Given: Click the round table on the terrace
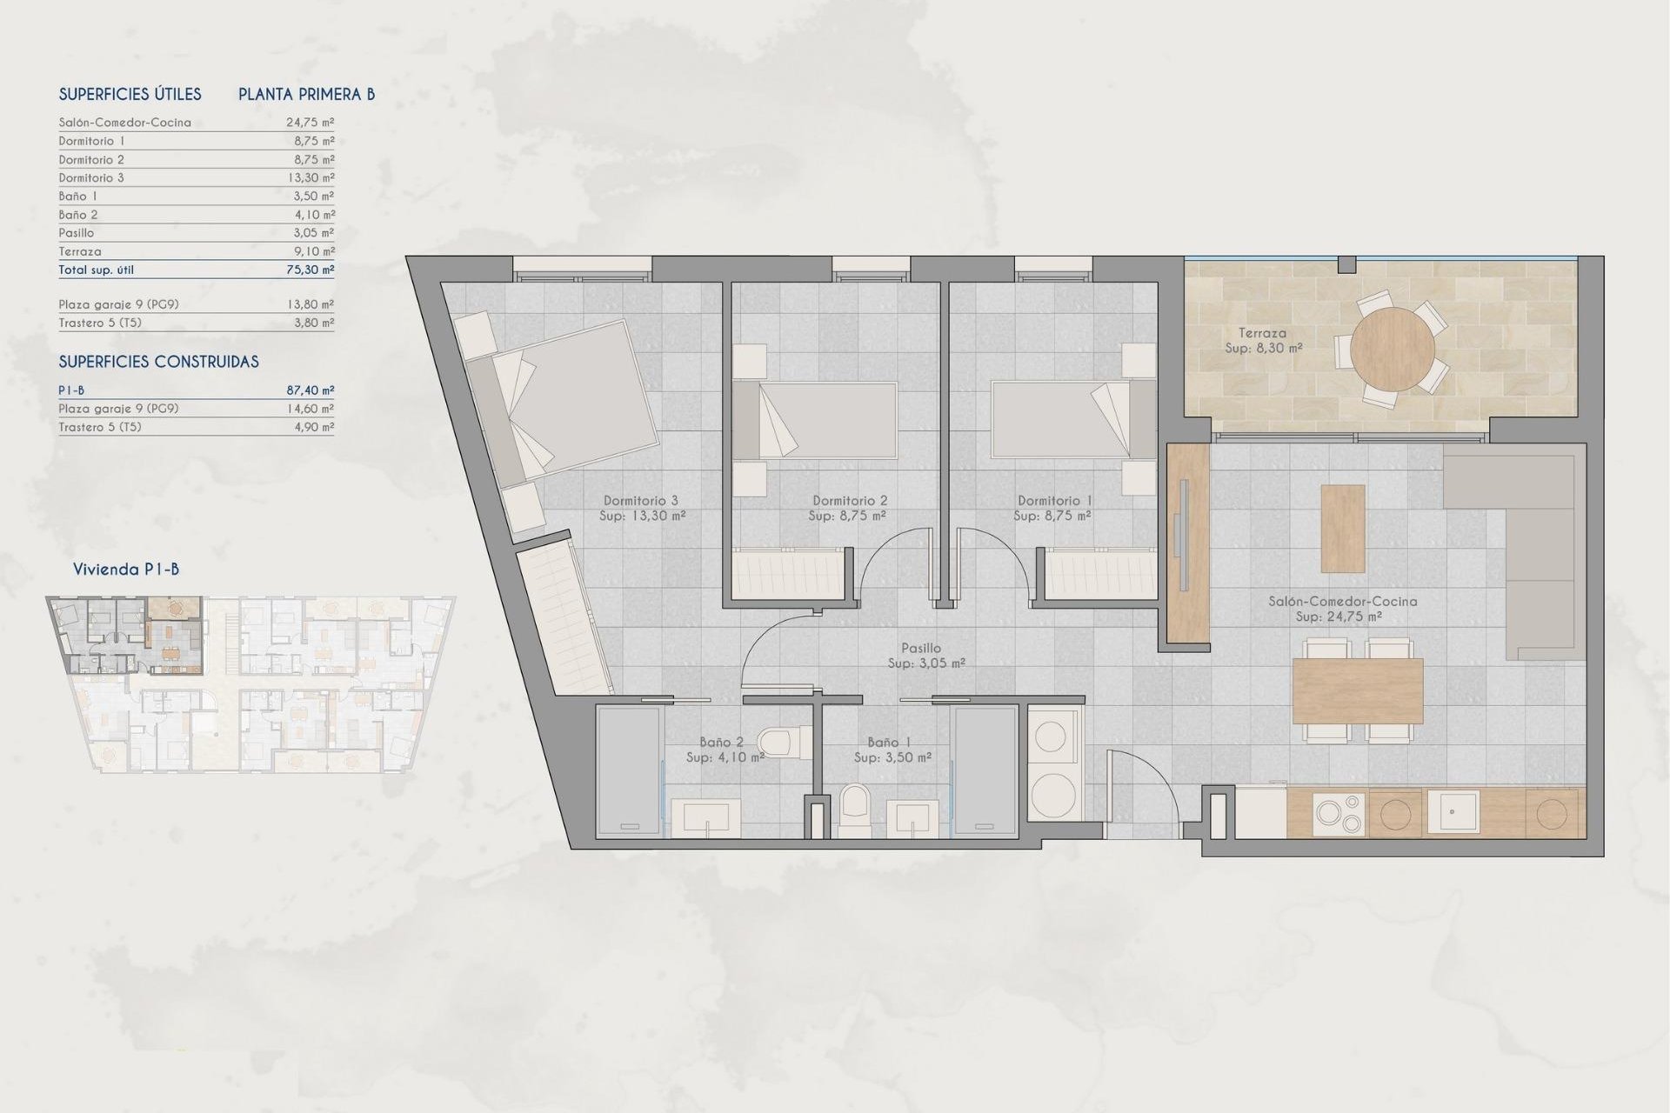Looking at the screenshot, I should point(1393,350).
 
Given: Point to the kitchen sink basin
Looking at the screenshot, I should point(1452,811).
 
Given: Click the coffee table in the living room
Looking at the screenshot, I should point(1342,528).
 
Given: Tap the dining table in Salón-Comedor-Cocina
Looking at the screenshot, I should point(1357,690).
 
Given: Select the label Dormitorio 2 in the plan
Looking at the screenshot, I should point(849,501).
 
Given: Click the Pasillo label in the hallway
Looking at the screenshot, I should point(920,648).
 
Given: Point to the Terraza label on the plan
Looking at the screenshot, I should point(1262,333).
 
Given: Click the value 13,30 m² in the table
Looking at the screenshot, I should point(310,177).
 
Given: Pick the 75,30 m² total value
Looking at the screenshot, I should point(310,270).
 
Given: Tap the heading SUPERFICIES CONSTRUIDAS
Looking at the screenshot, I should point(158,362).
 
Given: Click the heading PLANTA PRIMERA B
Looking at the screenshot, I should point(306,94).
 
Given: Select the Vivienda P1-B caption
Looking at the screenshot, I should point(126,570).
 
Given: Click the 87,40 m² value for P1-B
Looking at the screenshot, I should point(310,390).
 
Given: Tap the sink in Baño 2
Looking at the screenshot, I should point(706,817).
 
